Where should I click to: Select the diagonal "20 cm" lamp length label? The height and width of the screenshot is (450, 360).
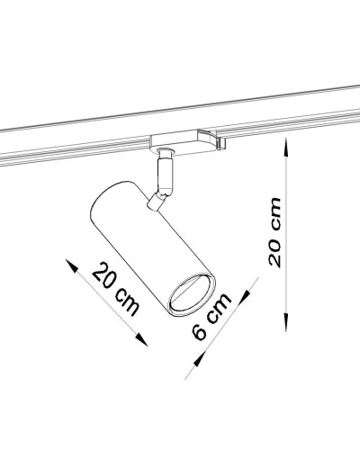[x=115, y=291]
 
